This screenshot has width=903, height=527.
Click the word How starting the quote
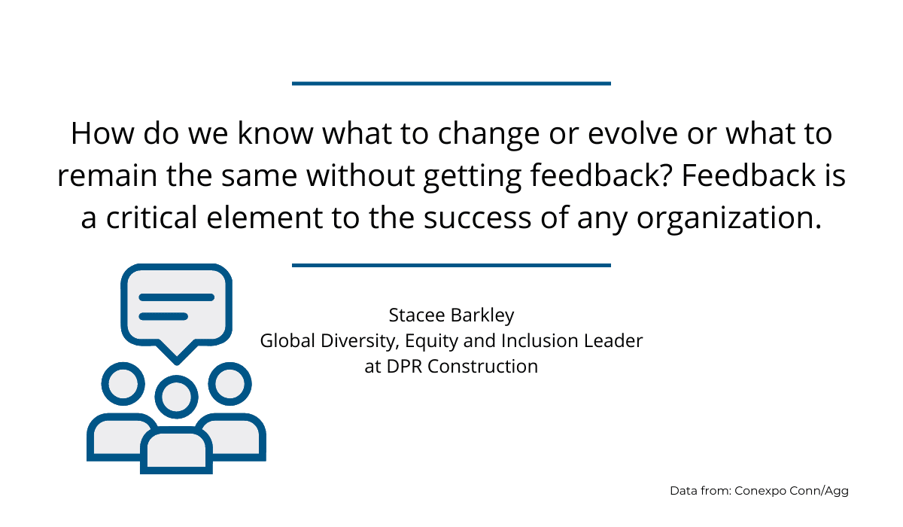102,133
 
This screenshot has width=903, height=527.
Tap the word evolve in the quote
633,133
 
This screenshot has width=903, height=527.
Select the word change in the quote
488,136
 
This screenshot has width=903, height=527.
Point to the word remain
107,176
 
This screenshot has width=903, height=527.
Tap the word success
477,218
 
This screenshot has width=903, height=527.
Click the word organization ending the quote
729,219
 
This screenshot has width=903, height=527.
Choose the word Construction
482,367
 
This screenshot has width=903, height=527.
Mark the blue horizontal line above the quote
451,84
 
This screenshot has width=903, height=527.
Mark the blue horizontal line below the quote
451,265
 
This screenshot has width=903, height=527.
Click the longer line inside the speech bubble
177,297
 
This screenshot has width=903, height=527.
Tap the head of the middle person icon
177,397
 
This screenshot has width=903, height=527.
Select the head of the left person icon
123,384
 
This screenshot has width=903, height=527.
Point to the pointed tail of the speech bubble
177,361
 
